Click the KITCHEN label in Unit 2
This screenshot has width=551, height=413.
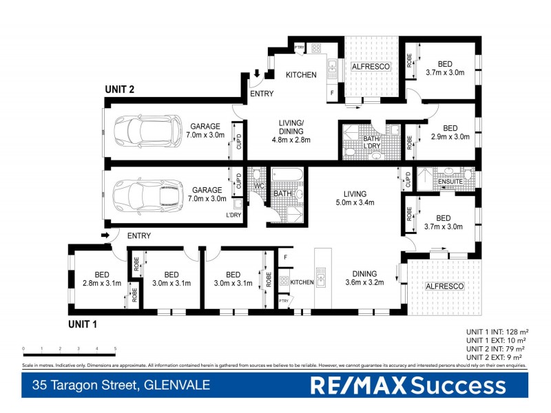301,75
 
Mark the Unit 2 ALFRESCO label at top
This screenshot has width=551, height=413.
371,67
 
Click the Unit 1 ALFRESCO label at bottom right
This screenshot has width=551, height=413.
445,286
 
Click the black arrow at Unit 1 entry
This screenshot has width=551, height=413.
105,236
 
